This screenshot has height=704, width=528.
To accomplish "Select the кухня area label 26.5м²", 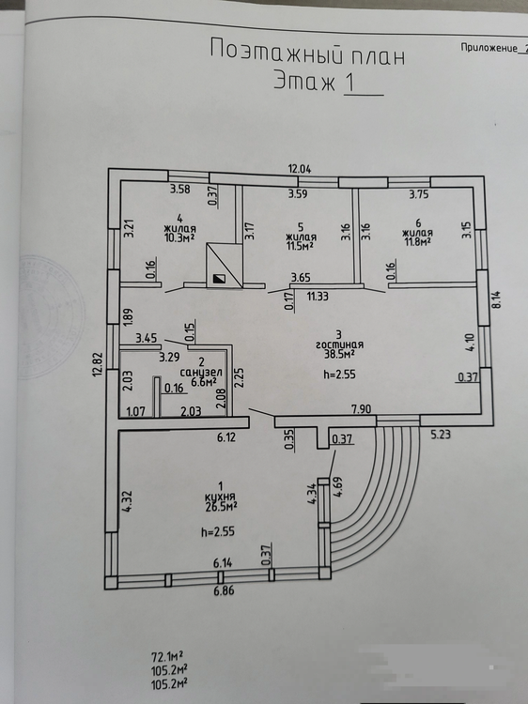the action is click(x=220, y=507).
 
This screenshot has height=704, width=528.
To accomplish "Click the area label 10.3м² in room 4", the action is click(x=179, y=237).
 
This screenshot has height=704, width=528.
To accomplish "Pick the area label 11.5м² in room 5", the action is click(x=301, y=246).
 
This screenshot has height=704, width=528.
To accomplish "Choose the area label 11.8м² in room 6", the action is click(x=417, y=242).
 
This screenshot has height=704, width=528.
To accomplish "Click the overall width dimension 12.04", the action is click(x=300, y=169).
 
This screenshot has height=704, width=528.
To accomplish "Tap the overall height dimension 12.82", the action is click(x=99, y=363).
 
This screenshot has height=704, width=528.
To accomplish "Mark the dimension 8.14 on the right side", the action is click(x=496, y=299).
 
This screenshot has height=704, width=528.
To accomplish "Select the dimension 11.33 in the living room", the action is click(x=318, y=297).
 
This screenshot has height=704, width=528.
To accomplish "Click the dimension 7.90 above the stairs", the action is click(x=362, y=409).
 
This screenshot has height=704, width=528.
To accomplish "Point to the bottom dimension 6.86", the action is click(x=224, y=590).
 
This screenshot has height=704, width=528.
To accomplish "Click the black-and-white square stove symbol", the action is click(x=219, y=279).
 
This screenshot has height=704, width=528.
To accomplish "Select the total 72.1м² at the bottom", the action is click(x=166, y=658).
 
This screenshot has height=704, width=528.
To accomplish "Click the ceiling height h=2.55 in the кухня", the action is click(x=217, y=532).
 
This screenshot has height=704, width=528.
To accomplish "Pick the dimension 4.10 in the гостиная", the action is click(x=471, y=342).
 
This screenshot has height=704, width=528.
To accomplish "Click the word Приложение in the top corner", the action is click(x=489, y=48).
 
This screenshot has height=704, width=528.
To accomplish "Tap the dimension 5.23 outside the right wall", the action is click(x=441, y=435).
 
